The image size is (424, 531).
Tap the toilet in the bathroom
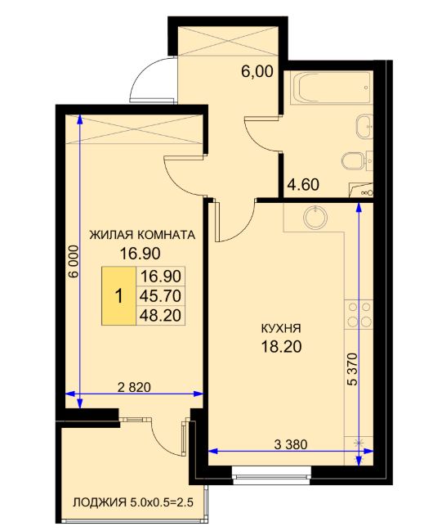point(353,160)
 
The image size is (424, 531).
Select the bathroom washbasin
point(365,126)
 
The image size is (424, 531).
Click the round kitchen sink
point(315,217)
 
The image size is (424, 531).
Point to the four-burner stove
point(359,315)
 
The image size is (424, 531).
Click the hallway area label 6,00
point(257,71)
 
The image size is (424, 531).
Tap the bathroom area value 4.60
point(303,185)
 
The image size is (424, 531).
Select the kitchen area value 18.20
point(281,346)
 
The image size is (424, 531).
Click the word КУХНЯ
point(281,328)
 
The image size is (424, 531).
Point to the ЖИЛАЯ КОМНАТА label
point(142,235)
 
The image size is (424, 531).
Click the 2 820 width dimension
point(134,387)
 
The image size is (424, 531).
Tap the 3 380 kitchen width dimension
point(291,444)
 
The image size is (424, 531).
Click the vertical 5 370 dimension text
point(352,369)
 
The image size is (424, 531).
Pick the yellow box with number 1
point(119,296)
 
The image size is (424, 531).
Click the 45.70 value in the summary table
point(161,296)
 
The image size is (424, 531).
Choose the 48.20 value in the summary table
point(161,315)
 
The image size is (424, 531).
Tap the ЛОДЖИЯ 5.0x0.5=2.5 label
point(133,502)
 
